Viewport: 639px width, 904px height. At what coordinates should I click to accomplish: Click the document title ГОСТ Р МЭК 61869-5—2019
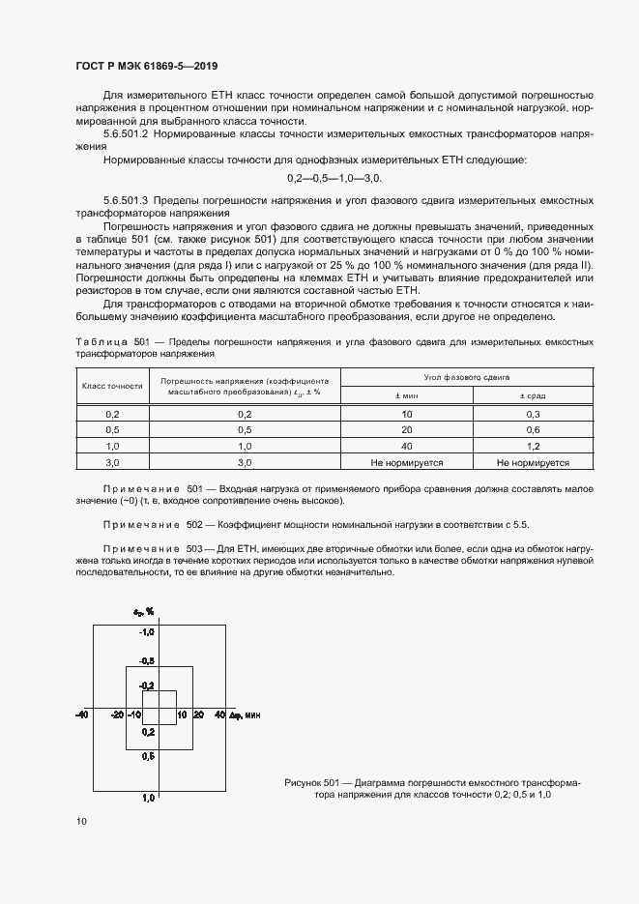pyautogui.click(x=146, y=67)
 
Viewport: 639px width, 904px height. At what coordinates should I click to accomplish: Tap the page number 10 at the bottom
pyautogui.click(x=81, y=821)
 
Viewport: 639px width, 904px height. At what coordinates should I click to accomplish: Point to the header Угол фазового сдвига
pyautogui.click(x=453, y=375)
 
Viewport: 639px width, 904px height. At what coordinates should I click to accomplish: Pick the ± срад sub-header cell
pyautogui.click(x=533, y=394)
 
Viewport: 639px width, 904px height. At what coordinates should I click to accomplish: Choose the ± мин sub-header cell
pyautogui.click(x=405, y=394)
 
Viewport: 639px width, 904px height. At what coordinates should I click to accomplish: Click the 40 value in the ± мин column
pyautogui.click(x=405, y=447)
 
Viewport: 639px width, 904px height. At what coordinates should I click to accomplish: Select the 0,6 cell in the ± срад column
pyautogui.click(x=533, y=429)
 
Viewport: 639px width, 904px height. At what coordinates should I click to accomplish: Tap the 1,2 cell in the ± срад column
pyautogui.click(x=533, y=447)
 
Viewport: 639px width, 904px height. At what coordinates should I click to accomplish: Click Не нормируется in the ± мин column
pyautogui.click(x=405, y=463)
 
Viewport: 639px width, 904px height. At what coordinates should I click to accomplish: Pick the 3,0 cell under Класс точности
pyautogui.click(x=112, y=463)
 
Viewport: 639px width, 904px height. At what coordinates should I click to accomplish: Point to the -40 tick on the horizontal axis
pyautogui.click(x=82, y=714)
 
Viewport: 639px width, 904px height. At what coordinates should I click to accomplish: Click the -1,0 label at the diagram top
pyautogui.click(x=147, y=632)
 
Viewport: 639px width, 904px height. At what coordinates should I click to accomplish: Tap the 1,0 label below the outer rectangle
pyautogui.click(x=149, y=798)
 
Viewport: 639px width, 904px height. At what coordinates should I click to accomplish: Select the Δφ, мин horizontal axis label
pyautogui.click(x=246, y=714)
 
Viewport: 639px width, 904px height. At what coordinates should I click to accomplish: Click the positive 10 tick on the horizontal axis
pyautogui.click(x=181, y=714)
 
